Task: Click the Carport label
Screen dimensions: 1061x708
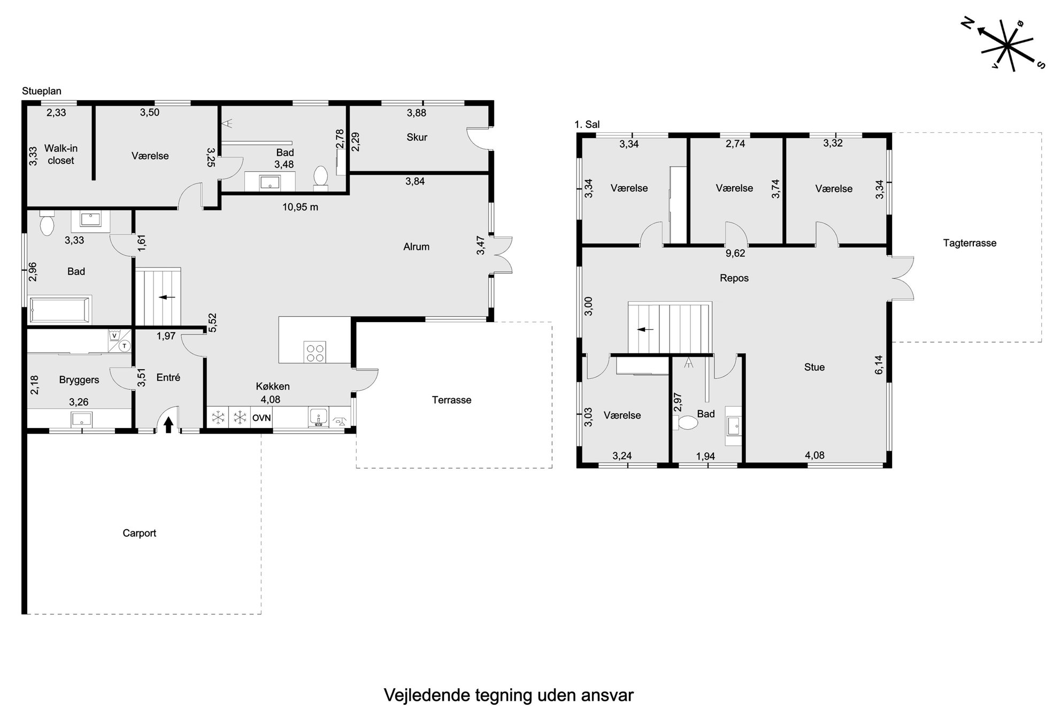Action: [x=139, y=533]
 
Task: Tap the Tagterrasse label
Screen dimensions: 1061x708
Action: [x=970, y=243]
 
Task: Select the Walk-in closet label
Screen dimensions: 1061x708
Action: [x=60, y=154]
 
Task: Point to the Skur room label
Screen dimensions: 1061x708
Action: [x=417, y=137]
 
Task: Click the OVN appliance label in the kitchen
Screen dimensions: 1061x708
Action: [x=262, y=418]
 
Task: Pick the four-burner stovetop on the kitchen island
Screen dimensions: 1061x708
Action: [x=314, y=352]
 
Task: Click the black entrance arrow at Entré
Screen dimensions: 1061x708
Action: [x=168, y=424]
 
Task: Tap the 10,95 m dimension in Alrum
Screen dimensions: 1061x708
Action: [x=300, y=207]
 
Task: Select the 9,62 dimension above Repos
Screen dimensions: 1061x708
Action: [x=735, y=253]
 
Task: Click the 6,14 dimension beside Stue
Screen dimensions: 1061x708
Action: [x=879, y=364]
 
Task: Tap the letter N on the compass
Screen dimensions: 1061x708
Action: [x=967, y=37]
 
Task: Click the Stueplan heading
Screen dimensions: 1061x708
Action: [x=42, y=91]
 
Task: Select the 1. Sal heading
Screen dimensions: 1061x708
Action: [x=587, y=125]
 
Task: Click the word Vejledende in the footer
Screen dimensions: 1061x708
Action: [x=426, y=695]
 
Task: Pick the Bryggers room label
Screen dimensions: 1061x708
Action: [x=79, y=380]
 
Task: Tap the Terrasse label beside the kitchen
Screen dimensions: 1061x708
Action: [x=451, y=400]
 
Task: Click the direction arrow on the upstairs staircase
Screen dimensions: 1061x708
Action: [x=645, y=330]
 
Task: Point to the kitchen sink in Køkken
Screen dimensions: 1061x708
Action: [x=318, y=418]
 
